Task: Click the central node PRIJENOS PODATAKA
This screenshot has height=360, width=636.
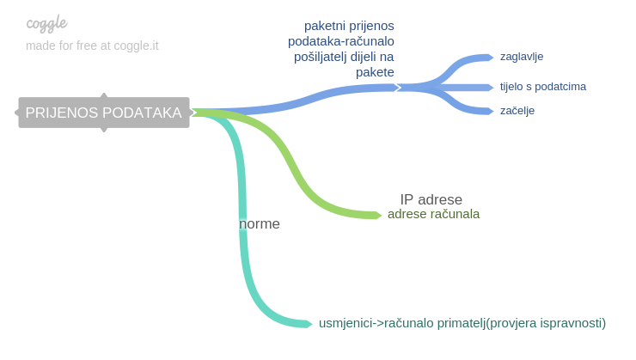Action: [x=104, y=113]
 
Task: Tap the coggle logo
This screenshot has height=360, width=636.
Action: [x=46, y=23]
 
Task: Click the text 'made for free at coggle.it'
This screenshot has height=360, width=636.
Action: [x=92, y=46]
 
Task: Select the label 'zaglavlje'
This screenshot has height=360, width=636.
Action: [x=522, y=57]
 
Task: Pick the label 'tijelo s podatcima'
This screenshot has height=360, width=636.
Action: [x=542, y=87]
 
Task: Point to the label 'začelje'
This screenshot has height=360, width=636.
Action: [x=517, y=110]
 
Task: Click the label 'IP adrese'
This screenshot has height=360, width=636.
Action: [x=431, y=199]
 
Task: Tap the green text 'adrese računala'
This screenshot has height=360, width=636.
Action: [x=434, y=214]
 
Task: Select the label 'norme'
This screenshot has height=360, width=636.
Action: [x=260, y=223]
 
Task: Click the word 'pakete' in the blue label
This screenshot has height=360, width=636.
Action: [x=375, y=72]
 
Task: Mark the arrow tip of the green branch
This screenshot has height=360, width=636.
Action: [x=382, y=215]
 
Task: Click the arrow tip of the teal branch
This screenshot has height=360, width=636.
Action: [x=312, y=324]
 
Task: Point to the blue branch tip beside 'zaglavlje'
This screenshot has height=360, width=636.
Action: [x=492, y=58]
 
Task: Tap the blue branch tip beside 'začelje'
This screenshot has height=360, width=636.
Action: [x=492, y=111]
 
